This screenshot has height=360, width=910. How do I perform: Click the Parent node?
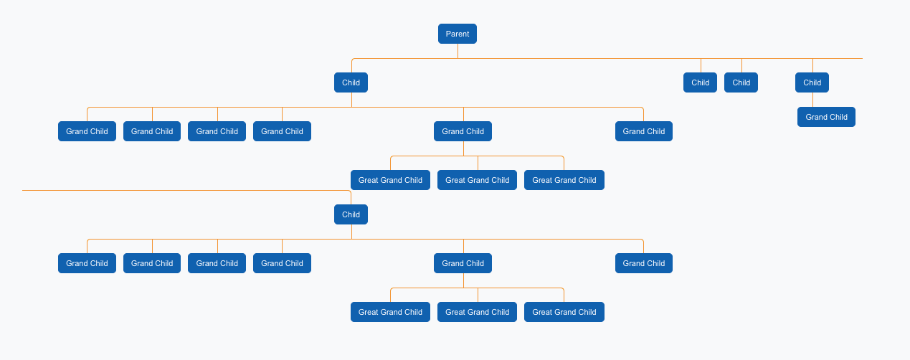coord(458,34)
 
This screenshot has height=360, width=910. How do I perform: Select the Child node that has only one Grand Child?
coord(812,82)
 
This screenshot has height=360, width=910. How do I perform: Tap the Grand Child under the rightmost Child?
coord(826,117)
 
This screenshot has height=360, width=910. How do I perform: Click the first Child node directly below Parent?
coord(351,82)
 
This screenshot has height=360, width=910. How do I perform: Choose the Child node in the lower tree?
coord(351,214)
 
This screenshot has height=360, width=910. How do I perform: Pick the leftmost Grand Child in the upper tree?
coord(87,131)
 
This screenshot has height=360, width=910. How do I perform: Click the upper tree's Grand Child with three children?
coord(463,131)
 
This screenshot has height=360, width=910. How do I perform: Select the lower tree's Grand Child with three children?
coord(463,263)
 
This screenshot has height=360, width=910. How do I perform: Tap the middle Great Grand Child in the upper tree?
coord(477,180)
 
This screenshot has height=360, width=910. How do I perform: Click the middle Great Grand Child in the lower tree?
coord(477,312)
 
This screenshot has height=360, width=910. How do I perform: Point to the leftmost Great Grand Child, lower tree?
coord(390,312)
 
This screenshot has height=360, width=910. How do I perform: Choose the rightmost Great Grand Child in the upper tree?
coord(564,180)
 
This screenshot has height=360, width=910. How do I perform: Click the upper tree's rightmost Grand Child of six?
coord(643,131)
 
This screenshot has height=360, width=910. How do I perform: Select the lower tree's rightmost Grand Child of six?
coord(643,263)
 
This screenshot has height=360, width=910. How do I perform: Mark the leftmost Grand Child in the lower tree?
coord(87,263)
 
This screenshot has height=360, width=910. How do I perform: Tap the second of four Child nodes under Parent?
coord(700,82)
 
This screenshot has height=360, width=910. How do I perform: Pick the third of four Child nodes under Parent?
coord(741,82)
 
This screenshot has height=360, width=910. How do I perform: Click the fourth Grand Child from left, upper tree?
coord(282,131)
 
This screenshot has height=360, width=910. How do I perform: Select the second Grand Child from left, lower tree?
coord(152,263)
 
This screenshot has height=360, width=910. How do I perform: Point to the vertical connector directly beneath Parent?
coord(458,51)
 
